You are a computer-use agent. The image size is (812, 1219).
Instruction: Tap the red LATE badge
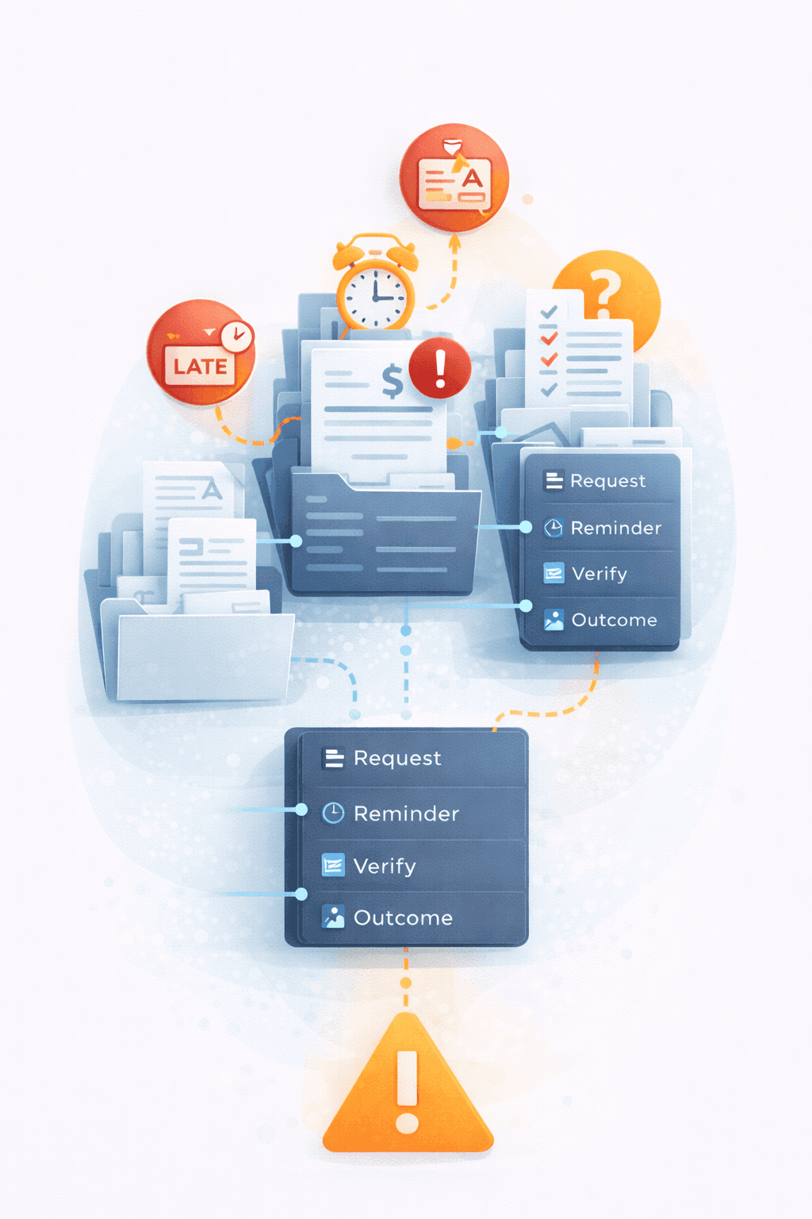[201, 354]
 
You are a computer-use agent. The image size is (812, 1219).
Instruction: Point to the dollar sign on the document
[392, 381]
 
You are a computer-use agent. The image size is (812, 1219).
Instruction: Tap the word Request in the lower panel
[396, 759]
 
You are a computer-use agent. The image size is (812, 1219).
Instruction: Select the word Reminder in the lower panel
[406, 813]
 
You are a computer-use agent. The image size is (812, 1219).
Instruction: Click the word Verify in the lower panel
[385, 866]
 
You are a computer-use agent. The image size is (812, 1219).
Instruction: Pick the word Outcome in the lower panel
[403, 918]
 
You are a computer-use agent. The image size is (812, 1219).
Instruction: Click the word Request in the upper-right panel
[607, 481]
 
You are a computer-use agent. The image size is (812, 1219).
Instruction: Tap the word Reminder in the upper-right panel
[615, 528]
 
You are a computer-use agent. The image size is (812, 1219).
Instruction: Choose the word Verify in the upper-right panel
[599, 574]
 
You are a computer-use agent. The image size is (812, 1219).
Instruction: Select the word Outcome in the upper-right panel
[614, 620]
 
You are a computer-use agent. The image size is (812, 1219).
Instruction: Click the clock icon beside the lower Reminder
[333, 813]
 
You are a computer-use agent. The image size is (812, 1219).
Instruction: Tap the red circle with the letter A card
[454, 178]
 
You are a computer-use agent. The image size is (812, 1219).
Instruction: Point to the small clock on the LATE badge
[236, 336]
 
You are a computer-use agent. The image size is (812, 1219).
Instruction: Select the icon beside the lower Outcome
[333, 917]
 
